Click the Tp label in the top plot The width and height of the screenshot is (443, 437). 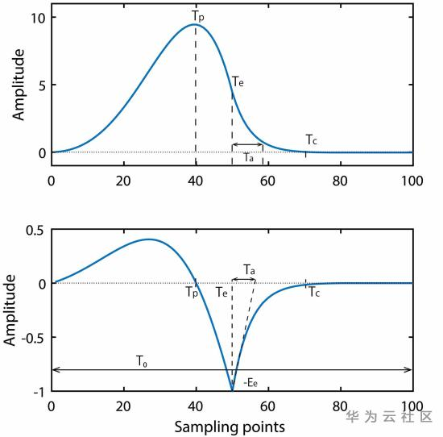(x=198, y=16)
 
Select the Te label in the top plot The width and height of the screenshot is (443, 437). (x=238, y=81)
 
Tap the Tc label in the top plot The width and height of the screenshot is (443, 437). (x=312, y=139)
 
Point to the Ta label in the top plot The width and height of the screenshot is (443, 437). (x=249, y=157)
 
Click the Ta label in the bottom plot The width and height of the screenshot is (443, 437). (x=249, y=269)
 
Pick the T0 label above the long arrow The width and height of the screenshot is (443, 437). (x=142, y=361)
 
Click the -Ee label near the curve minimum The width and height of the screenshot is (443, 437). (x=250, y=383)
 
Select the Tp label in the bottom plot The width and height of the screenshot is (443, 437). (x=192, y=292)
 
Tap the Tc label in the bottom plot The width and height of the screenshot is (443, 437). (x=314, y=292)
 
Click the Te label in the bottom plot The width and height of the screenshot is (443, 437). (x=221, y=292)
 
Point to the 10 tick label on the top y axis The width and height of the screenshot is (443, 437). (x=38, y=18)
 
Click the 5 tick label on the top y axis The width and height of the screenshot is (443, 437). (x=42, y=85)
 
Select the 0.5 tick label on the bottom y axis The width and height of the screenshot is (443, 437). (x=35, y=230)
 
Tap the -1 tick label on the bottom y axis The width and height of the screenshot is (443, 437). (x=39, y=393)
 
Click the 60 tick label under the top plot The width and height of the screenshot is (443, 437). (x=267, y=181)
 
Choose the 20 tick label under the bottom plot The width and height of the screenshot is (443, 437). (x=123, y=406)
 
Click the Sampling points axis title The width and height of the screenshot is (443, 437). (x=230, y=427)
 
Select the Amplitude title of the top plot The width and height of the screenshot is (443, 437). (x=19, y=85)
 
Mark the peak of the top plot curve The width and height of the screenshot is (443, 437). (x=195, y=24)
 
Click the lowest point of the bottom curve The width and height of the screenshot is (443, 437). (x=232, y=391)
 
